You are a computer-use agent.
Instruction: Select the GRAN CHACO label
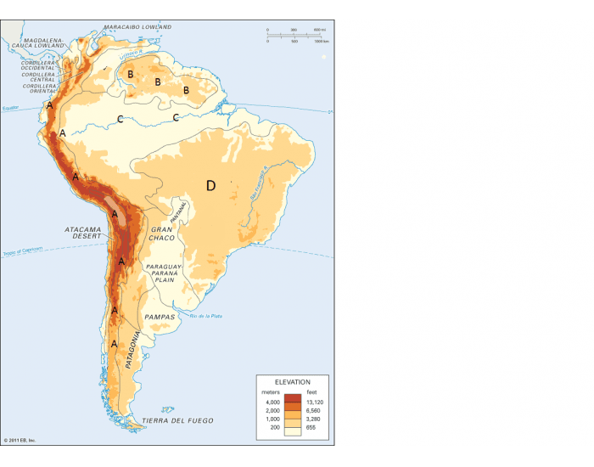pyautogui.click(x=162, y=233)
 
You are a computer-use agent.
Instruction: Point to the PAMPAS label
pyautogui.click(x=160, y=317)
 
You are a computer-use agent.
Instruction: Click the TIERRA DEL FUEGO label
pyautogui.click(x=177, y=421)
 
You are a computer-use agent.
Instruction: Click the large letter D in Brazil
pyautogui.click(x=211, y=185)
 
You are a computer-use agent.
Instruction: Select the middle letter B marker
pyautogui.click(x=158, y=82)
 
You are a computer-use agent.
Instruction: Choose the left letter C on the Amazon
pyautogui.click(x=120, y=118)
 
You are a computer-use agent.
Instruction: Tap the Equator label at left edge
pyautogui.click(x=10, y=109)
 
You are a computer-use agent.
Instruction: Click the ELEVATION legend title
pyautogui.click(x=292, y=382)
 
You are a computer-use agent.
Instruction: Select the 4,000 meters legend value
pyautogui.click(x=272, y=402)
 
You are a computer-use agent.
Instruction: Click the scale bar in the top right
pyautogui.click(x=294, y=35)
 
